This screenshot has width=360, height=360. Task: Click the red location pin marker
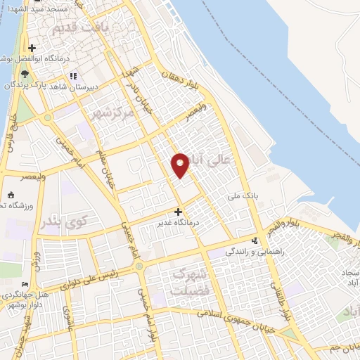tap(181, 165)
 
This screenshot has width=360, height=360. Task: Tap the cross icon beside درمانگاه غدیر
tap(178, 212)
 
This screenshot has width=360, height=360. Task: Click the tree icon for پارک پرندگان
tap(25, 73)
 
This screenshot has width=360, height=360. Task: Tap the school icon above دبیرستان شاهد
tap(72, 77)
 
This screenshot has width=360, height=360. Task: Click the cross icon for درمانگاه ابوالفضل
tap(32, 47)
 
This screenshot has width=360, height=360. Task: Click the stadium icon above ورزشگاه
tap(11, 194)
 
